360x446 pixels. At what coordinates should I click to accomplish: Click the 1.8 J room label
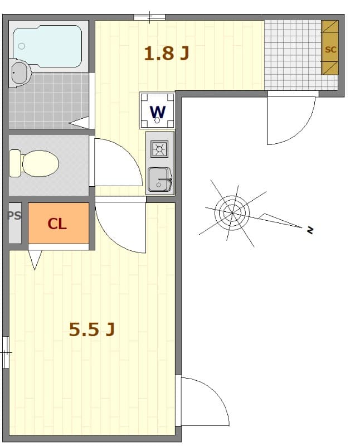click(x=167, y=54)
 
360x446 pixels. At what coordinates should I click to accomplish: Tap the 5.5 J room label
click(x=92, y=329)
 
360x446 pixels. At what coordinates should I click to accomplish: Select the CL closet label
click(x=57, y=224)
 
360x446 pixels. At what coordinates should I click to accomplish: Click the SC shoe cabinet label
click(x=330, y=49)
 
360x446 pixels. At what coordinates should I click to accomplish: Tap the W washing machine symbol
click(x=158, y=111)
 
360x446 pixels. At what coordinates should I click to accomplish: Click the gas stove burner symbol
click(x=160, y=149)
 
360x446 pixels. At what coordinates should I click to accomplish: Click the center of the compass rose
click(x=232, y=212)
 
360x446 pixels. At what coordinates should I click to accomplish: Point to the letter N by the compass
click(x=310, y=229)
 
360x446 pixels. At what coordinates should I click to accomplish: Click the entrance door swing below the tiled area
click(x=290, y=120)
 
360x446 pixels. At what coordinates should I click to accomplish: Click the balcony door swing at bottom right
click(x=203, y=401)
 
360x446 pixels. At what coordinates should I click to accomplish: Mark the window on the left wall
click(x=6, y=352)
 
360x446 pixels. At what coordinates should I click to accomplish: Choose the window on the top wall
click(x=149, y=17)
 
